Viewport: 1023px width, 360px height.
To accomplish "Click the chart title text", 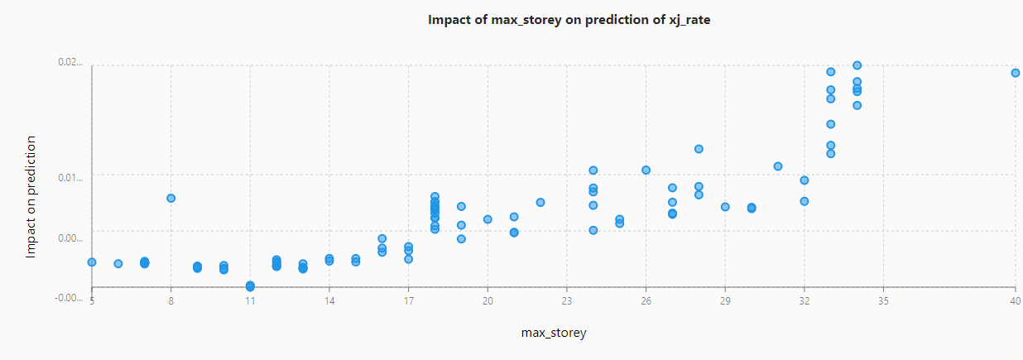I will (569, 20).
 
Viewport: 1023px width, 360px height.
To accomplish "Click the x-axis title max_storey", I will (554, 333).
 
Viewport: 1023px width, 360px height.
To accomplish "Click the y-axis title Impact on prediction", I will (31, 198).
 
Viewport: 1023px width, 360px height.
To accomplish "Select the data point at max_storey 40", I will (1016, 73).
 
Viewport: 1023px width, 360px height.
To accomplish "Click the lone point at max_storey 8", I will (171, 199).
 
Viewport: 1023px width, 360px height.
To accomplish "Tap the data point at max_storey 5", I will (92, 262).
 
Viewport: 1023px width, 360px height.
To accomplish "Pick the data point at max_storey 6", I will (118, 264).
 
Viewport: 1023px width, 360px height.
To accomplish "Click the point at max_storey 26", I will (646, 170).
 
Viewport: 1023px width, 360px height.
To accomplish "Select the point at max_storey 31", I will (778, 166).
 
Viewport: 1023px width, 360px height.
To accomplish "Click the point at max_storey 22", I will (540, 203).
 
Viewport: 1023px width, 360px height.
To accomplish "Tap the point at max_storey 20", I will (488, 219).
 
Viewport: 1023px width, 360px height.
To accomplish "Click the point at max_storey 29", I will (725, 207).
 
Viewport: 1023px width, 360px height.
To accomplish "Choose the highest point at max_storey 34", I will (857, 65).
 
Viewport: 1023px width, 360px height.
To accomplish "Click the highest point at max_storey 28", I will (699, 149).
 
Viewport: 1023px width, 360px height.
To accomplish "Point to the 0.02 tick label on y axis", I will (70, 62).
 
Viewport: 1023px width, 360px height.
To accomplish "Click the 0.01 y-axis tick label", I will (70, 178).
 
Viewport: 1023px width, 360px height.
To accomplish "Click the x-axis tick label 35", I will (883, 302).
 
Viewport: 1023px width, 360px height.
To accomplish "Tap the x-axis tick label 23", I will (567, 302).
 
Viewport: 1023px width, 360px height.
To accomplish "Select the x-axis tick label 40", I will (1015, 302).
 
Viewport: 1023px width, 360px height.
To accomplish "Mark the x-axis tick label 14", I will (329, 302).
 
